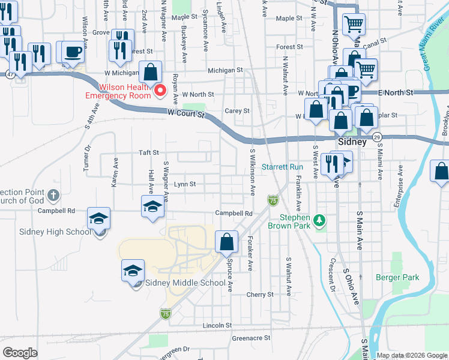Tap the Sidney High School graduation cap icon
click(99, 219)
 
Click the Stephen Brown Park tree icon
click(320, 221)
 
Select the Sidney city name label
click(351, 142)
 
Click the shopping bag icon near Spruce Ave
click(226, 242)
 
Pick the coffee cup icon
click(73, 52)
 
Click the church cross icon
click(53, 196)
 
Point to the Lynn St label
click(185, 184)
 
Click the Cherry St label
click(260, 295)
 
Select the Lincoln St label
click(217, 325)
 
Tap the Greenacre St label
click(251, 338)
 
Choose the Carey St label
click(237, 111)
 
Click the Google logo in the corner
click(20, 353)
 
